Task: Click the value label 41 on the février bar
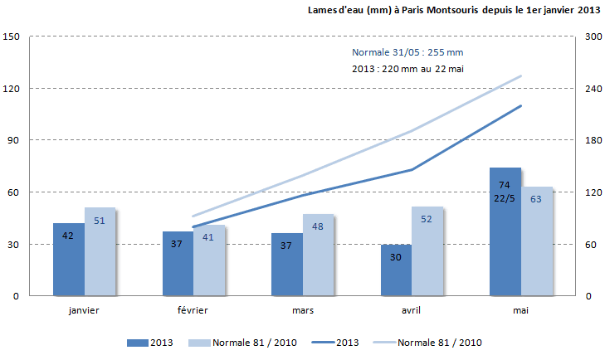208,237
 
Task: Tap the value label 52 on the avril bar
427,219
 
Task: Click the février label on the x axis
193,310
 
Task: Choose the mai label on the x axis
520,310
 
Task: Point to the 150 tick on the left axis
12,37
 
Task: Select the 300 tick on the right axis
593,37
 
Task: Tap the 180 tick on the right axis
593,141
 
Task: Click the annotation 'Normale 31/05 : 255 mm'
407,52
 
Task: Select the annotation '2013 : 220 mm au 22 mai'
407,69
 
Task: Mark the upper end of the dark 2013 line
521,105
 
